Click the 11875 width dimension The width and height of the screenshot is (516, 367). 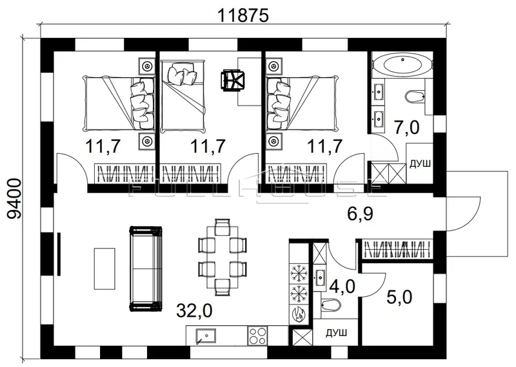tap(243, 15)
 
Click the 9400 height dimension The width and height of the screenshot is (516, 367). tap(14, 199)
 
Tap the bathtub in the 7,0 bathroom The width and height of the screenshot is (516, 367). tap(402, 65)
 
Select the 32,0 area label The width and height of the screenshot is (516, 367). tap(195, 311)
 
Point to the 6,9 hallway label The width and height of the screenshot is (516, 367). tap(361, 214)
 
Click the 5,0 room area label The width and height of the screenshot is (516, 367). tap(399, 298)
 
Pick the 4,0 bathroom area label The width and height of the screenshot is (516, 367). tap(342, 286)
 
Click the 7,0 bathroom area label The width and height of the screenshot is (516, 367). tap(407, 127)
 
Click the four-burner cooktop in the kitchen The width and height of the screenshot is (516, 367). tap(257, 335)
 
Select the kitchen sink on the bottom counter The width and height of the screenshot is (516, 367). tap(206, 336)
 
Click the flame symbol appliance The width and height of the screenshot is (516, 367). tap(299, 315)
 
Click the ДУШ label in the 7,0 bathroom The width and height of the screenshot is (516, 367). tap(420, 164)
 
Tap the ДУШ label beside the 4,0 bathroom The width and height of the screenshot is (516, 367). tap(336, 334)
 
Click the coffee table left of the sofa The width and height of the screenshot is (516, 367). tap(104, 268)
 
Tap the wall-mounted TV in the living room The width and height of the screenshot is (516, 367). tap(59, 254)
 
